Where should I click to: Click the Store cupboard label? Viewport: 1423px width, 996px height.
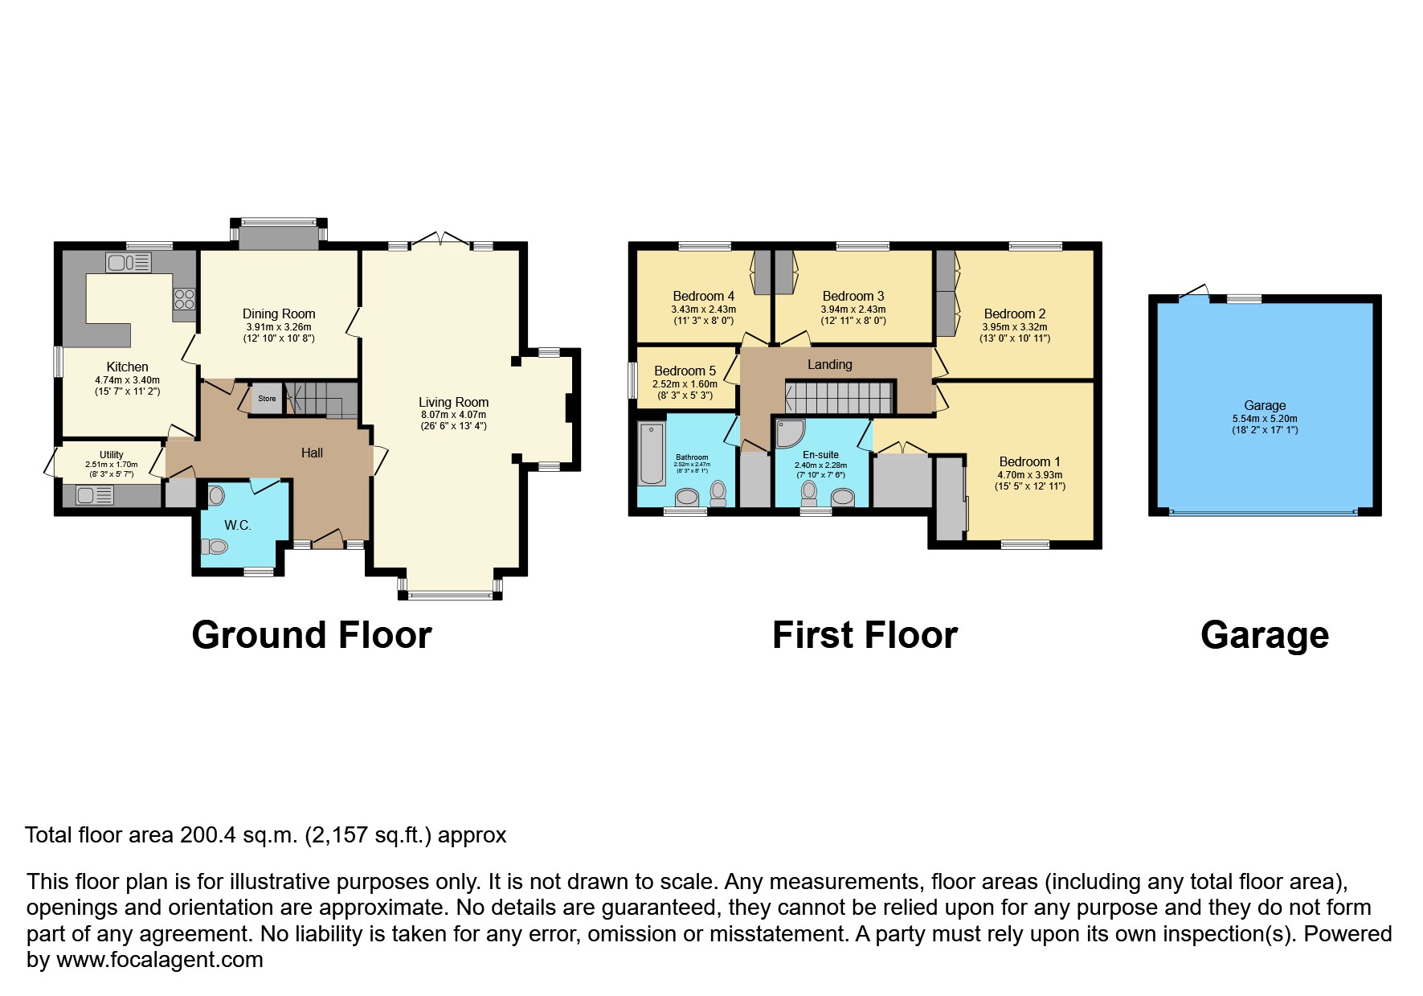[x=267, y=399]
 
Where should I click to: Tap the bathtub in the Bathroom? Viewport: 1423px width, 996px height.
[x=651, y=454]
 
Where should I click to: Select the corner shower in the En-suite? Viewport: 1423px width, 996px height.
[x=790, y=433]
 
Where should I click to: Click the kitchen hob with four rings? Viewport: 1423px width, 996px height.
[x=184, y=300]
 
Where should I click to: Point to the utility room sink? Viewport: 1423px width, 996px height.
[x=95, y=495]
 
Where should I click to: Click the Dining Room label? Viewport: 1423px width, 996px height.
[x=279, y=314]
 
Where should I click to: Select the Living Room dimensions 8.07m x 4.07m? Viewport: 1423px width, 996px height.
[x=453, y=415]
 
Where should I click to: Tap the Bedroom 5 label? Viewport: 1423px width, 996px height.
[x=685, y=371]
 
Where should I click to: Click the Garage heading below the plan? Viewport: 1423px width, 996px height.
[x=1264, y=635]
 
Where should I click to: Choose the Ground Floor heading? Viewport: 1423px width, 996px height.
[x=312, y=635]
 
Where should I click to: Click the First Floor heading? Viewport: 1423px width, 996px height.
[x=865, y=635]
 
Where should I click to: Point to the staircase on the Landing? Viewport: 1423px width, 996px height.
[x=839, y=397]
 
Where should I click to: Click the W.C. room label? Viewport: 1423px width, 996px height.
[x=237, y=526]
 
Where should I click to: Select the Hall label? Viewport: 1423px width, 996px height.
[x=312, y=453]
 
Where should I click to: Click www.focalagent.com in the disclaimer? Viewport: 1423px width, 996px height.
[x=159, y=960]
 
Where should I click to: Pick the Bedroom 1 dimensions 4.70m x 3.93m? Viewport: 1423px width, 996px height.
[x=1029, y=475]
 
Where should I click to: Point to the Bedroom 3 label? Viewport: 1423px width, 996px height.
[x=853, y=296]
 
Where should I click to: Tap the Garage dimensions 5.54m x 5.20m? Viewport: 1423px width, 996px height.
[x=1264, y=419]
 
